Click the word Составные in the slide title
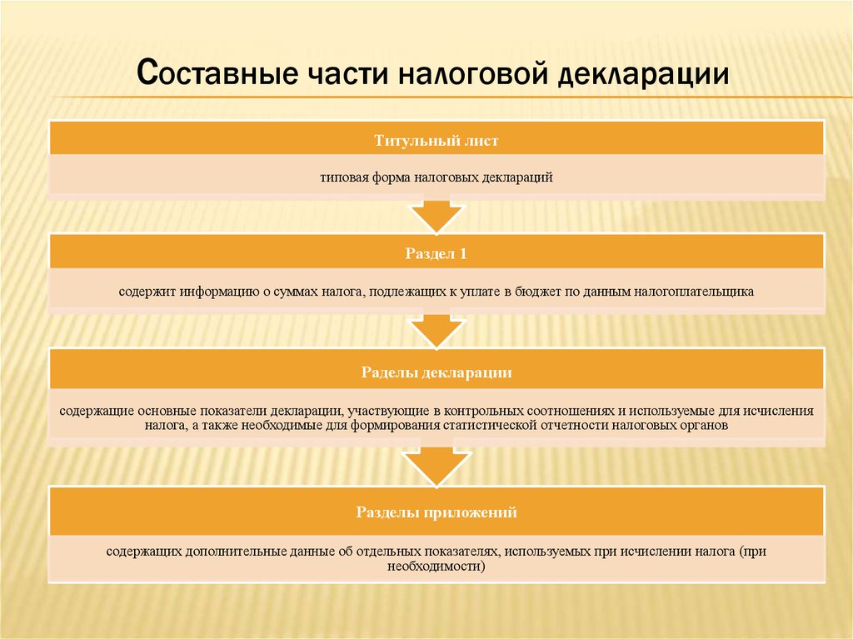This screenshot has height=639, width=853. coord(217,72)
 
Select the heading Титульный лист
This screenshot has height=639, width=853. coord(436,141)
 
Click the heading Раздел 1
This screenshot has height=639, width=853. coord(436,253)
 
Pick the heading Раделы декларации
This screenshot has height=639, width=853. coord(436,372)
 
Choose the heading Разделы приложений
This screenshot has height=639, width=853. coord(436,512)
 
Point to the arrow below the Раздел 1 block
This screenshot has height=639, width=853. coord(436,331)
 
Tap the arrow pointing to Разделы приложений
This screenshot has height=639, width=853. coord(436,467)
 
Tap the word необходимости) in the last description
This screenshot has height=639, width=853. coord(436,566)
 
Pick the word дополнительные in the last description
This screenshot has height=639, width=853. coord(235,552)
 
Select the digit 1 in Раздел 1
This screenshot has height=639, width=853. coord(463,253)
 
